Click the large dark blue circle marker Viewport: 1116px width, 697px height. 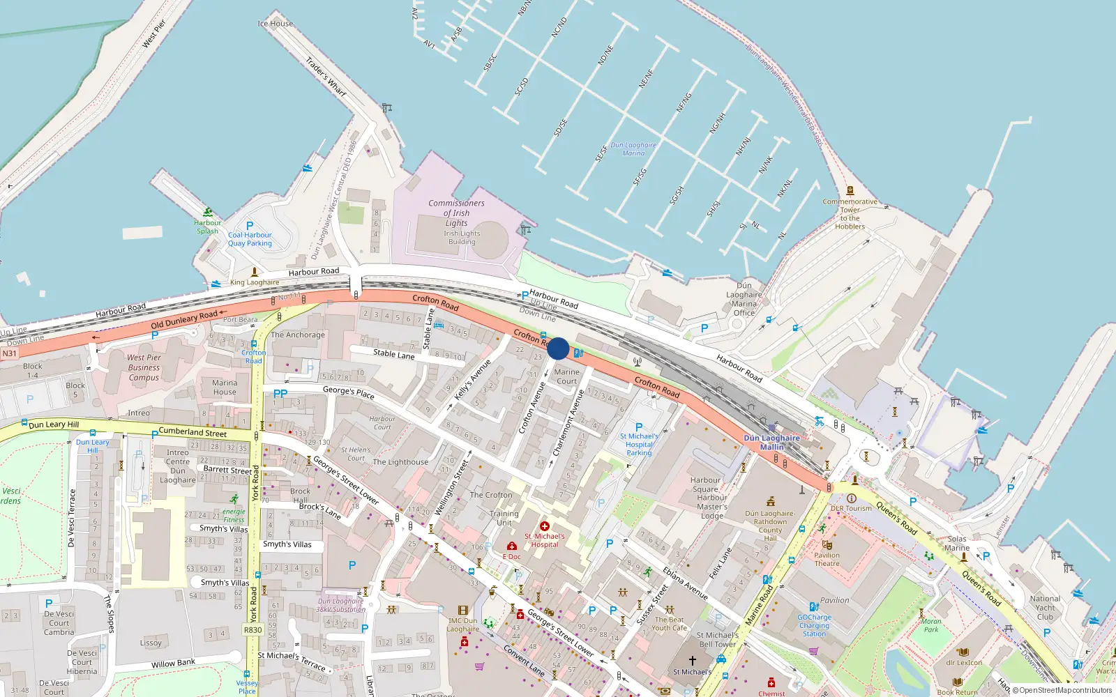click(x=558, y=348)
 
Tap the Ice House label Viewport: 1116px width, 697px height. click(x=276, y=24)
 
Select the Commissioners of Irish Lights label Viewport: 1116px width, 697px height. click(x=456, y=213)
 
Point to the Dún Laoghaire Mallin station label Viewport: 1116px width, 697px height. click(x=771, y=443)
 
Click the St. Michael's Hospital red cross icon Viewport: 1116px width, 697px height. click(x=545, y=526)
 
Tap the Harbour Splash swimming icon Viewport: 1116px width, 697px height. click(x=208, y=213)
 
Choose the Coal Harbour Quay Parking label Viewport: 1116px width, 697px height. click(x=250, y=239)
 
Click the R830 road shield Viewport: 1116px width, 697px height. click(x=252, y=630)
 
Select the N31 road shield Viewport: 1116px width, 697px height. click(x=9, y=353)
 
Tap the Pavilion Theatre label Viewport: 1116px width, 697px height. click(x=827, y=559)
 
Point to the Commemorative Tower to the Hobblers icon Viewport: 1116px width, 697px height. click(x=850, y=190)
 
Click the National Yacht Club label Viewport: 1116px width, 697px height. click(x=1045, y=607)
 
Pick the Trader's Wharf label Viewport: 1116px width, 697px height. click(x=326, y=77)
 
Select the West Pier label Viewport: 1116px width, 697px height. click(x=154, y=34)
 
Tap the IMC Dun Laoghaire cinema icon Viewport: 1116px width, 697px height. click(x=462, y=611)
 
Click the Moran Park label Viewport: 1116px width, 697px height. click(x=931, y=625)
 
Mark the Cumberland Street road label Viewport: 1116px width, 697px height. click(x=193, y=432)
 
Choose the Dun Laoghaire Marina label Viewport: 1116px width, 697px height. click(x=633, y=149)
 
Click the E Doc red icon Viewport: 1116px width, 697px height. click(x=512, y=546)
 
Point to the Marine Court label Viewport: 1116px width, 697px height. click(x=566, y=376)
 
